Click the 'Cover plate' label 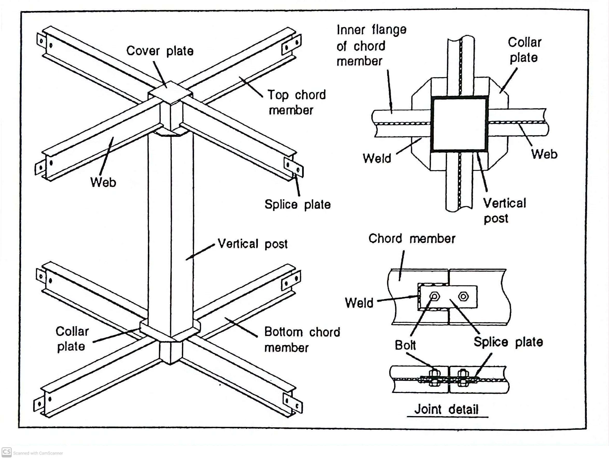coord(160,51)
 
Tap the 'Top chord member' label coord(296,102)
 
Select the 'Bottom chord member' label coord(302,340)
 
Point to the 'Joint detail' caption coord(446,409)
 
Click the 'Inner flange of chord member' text coord(371,45)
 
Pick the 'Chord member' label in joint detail coord(412,239)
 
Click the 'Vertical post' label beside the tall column coord(252,244)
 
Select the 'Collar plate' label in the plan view coord(524,50)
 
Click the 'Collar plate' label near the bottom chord coord(72,339)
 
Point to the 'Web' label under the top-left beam coord(103,182)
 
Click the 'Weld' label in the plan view coord(377,159)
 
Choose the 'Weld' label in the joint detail coord(359,303)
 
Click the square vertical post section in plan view coord(459,124)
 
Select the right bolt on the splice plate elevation coord(463,297)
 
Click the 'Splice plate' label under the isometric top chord coord(297,204)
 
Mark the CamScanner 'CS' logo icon coord(6,452)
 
